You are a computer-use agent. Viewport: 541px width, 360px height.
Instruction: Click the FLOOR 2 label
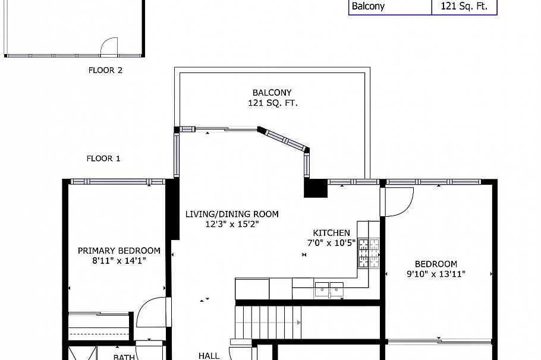pyautogui.click(x=105, y=70)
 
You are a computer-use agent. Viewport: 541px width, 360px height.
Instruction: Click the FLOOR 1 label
pyautogui.click(x=103, y=159)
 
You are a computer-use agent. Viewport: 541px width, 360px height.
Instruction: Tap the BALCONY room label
pyautogui.click(x=272, y=93)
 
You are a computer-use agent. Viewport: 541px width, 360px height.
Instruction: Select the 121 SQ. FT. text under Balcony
pyautogui.click(x=272, y=103)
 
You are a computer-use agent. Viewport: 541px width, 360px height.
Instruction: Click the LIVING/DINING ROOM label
pyautogui.click(x=231, y=214)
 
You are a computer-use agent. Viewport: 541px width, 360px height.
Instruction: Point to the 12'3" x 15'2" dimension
pyautogui.click(x=232, y=225)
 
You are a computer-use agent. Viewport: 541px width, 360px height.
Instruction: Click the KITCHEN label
pyautogui.click(x=332, y=233)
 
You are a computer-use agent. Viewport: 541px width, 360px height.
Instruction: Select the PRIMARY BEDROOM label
pyautogui.click(x=119, y=251)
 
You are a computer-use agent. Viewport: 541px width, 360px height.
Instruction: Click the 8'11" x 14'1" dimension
pyautogui.click(x=119, y=260)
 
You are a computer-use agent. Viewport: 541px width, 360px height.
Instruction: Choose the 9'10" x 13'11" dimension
pyautogui.click(x=436, y=274)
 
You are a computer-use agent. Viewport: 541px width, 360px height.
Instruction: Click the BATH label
pyautogui.click(x=124, y=357)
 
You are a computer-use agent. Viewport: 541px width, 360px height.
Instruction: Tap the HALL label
pyautogui.click(x=209, y=356)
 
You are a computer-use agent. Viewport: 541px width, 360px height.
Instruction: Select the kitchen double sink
pyautogui.click(x=329, y=289)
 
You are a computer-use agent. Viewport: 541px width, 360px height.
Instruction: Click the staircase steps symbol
pyautogui.click(x=268, y=321)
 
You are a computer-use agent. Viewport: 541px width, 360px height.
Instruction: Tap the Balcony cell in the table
pyautogui.click(x=389, y=7)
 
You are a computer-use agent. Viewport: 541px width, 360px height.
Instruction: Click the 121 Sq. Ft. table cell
pyautogui.click(x=464, y=7)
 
